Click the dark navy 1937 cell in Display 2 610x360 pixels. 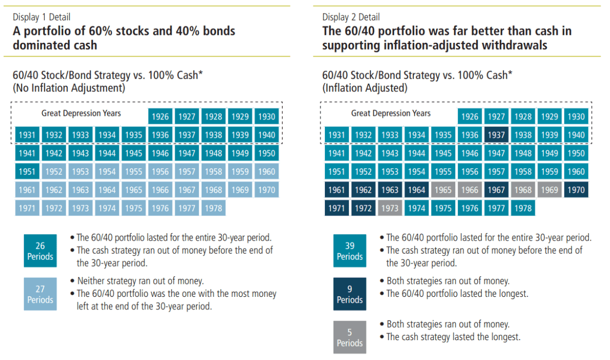[496, 135]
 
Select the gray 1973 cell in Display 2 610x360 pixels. [390, 208]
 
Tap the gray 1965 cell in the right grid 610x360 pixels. [443, 190]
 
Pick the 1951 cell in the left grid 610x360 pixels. [27, 172]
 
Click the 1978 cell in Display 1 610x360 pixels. [213, 208]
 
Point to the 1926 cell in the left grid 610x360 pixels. [160, 116]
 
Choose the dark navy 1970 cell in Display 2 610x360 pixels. [576, 190]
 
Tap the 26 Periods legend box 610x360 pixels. [40, 251]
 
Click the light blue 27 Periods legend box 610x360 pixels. [40, 294]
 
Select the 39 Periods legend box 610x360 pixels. [349, 251]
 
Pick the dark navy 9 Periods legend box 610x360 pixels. [349, 294]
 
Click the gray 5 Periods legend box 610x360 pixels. [349, 338]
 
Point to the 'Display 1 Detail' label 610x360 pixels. [42, 17]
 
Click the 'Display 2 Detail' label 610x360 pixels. [351, 17]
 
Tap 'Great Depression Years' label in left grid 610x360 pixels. [81, 113]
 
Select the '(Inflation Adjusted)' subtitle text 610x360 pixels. [364, 88]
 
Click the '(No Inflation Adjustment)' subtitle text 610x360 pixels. [69, 88]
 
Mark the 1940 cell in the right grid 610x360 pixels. [576, 135]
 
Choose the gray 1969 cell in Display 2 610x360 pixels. [550, 190]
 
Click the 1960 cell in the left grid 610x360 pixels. [266, 172]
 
